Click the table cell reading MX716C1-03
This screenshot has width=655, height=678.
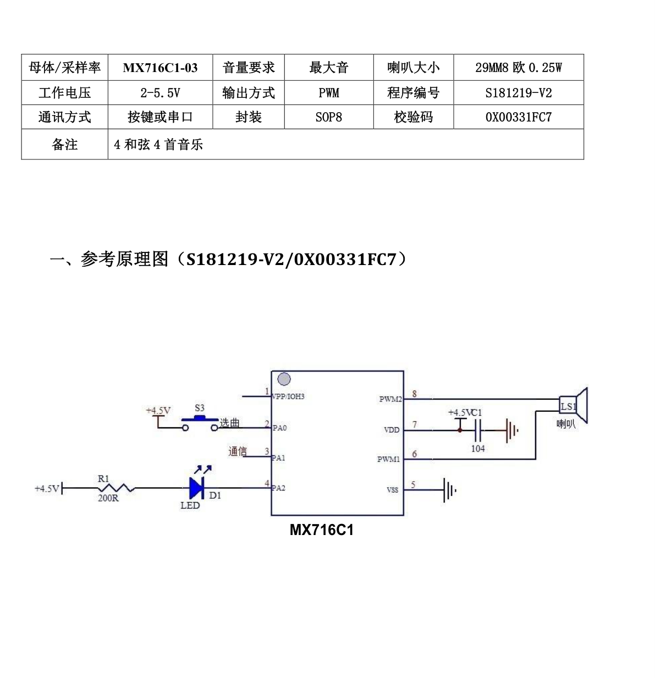click(x=160, y=67)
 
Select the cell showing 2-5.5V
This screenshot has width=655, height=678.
click(x=160, y=93)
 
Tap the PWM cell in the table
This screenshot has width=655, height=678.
click(x=328, y=93)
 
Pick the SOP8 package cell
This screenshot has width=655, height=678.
click(x=328, y=117)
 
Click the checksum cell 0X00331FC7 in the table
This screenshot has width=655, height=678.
click(x=518, y=117)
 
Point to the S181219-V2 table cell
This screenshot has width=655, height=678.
click(x=518, y=93)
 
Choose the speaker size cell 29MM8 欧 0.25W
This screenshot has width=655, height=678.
click(x=518, y=67)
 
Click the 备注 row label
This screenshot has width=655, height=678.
click(x=64, y=144)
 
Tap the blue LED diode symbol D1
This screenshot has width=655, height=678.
click(x=196, y=488)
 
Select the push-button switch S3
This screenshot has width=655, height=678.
click(x=200, y=422)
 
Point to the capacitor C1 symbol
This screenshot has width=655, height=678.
click(x=478, y=431)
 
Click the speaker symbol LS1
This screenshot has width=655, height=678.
click(x=573, y=406)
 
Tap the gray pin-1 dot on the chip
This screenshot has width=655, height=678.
click(x=284, y=379)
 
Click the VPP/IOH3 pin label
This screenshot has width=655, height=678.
click(x=288, y=396)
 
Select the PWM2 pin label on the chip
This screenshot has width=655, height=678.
click(x=390, y=399)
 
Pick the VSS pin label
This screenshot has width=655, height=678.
click(x=392, y=490)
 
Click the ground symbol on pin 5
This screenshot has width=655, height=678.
click(x=449, y=490)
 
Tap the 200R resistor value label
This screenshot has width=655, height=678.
click(x=108, y=498)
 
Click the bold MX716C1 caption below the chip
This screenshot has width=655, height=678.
click(x=322, y=530)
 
